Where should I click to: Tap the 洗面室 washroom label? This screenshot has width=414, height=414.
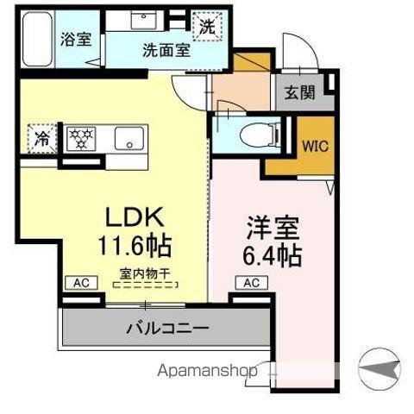pos(166,49)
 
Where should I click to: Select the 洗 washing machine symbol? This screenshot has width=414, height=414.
pos(208,27)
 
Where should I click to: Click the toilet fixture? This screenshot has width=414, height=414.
pos(251,135)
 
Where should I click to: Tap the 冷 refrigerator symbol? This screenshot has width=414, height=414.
pos(41,137)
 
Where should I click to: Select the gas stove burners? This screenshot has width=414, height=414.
pos(80,136)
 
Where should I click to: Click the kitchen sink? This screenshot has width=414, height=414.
pos(130,136)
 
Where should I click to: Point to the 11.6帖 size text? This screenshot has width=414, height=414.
pos(135,246)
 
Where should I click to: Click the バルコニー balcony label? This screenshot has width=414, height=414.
pos(166,328)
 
